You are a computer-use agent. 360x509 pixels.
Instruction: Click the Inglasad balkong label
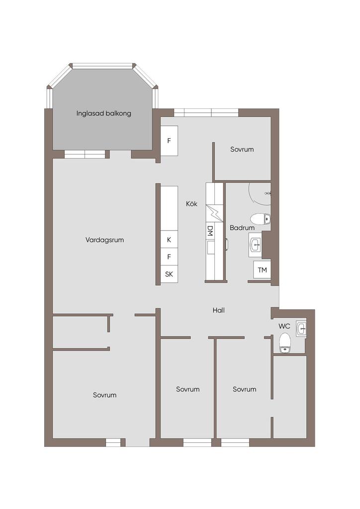(x=104, y=114)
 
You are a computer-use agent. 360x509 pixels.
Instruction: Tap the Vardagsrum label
(x=104, y=240)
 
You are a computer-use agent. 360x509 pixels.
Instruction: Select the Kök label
(x=191, y=204)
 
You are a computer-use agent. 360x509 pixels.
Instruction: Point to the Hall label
(x=218, y=310)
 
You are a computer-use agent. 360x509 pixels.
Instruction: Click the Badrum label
(x=242, y=228)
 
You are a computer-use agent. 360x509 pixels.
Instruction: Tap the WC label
(x=284, y=326)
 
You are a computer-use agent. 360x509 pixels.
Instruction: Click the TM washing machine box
(x=262, y=269)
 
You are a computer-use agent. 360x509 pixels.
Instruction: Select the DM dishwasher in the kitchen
(x=210, y=231)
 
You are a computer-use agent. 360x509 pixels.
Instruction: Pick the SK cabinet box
(x=169, y=274)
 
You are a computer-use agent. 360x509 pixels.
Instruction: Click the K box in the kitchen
(x=169, y=240)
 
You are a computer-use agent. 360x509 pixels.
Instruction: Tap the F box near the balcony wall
(x=169, y=141)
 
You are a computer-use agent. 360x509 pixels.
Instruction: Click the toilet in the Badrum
(x=261, y=219)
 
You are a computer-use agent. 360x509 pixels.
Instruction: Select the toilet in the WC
(x=285, y=343)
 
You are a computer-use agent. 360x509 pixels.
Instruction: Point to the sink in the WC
(x=301, y=329)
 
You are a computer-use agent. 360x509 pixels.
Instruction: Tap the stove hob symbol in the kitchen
(x=215, y=213)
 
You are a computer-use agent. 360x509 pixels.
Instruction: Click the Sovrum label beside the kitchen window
(x=242, y=149)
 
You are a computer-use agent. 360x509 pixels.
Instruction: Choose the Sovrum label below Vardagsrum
(x=104, y=395)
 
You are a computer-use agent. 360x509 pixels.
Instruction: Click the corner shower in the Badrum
(x=260, y=194)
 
